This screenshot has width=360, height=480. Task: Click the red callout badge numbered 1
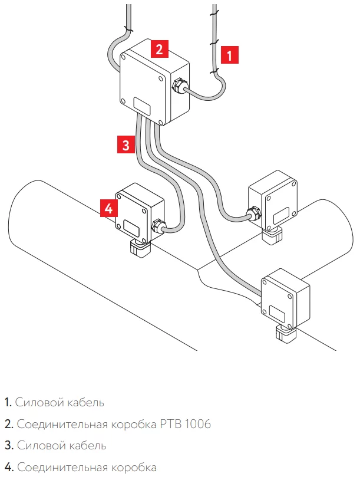[x=230, y=55]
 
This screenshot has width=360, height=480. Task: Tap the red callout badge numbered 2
[x=159, y=48]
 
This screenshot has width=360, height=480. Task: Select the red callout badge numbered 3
[x=125, y=144]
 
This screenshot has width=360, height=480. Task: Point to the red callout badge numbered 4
[x=108, y=208]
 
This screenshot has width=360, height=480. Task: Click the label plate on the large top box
[x=143, y=106]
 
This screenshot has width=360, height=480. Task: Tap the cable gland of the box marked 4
[x=157, y=225]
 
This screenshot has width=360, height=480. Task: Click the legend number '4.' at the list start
[x=8, y=468]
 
